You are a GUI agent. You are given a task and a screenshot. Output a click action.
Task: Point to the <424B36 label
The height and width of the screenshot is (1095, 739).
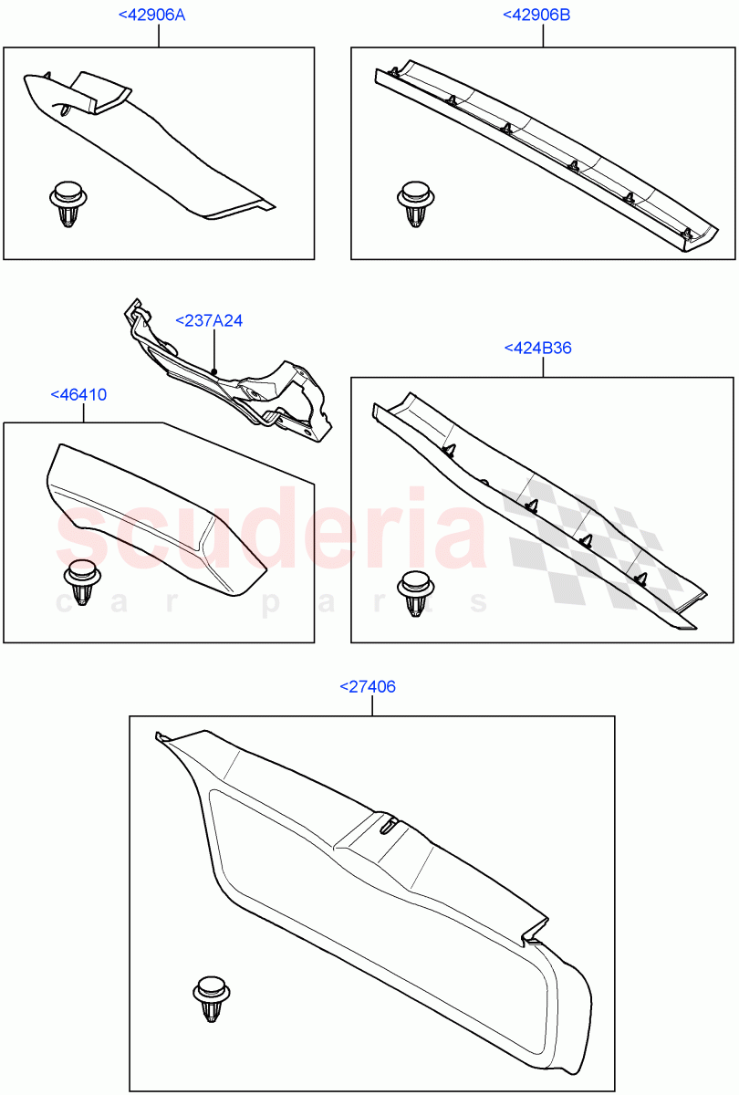click(537, 348)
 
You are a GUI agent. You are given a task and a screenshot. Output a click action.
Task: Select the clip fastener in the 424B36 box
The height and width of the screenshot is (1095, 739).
click(416, 593)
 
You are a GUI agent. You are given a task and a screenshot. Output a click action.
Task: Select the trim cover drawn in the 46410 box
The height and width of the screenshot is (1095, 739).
click(151, 511)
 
